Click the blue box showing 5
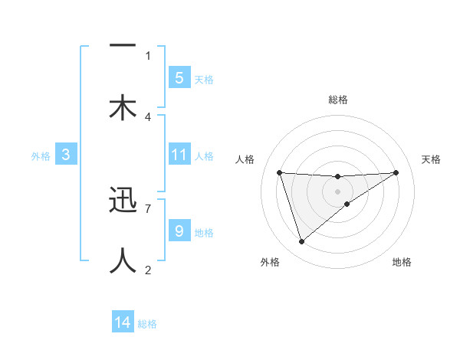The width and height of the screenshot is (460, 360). [x=179, y=77]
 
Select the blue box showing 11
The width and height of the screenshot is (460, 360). [x=179, y=155]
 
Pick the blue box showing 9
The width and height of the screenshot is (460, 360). [x=179, y=231]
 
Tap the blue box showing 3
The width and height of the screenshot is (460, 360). [x=66, y=155]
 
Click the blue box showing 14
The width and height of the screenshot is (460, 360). [x=123, y=322]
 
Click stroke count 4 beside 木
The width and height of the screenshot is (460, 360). [x=148, y=116]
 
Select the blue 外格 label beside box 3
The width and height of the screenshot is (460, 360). [x=41, y=156]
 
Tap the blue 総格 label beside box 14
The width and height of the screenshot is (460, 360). [x=147, y=324]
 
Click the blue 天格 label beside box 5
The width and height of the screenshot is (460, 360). [x=204, y=79]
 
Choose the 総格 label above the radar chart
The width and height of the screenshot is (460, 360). [x=337, y=100]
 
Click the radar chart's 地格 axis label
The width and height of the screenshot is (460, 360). [x=402, y=263]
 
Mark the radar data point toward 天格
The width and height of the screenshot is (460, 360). [x=396, y=172]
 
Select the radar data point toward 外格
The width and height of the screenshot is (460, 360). [x=301, y=242]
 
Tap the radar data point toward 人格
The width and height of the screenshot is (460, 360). [x=280, y=172]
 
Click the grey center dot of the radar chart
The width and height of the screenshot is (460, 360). [x=337, y=191]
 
